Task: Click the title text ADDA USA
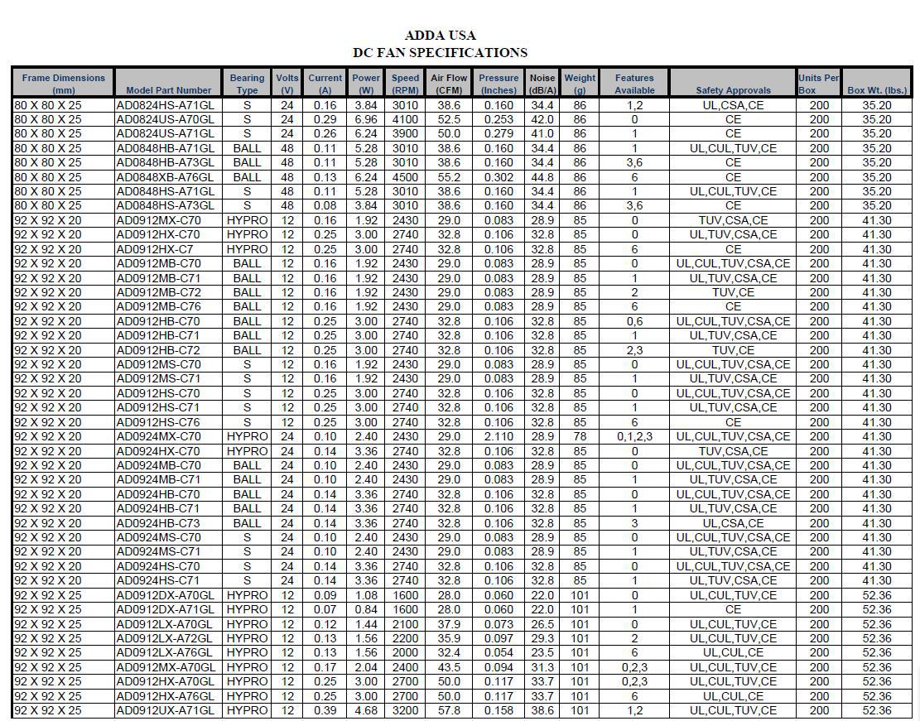(x=440, y=36)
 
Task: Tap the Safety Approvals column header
(x=733, y=90)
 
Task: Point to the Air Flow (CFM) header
(x=449, y=84)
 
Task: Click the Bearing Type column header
(x=247, y=84)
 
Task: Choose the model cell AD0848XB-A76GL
(x=165, y=177)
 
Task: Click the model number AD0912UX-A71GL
(x=165, y=710)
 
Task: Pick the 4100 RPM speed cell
(x=405, y=119)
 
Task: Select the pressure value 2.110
(x=499, y=436)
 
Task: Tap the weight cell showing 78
(x=580, y=436)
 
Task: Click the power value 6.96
(x=366, y=119)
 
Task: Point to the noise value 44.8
(x=542, y=177)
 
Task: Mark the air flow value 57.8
(x=449, y=710)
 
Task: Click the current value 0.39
(x=325, y=710)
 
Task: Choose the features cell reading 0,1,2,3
(x=634, y=436)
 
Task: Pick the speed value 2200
(x=405, y=638)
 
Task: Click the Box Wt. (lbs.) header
(x=877, y=90)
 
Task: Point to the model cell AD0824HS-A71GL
(x=165, y=105)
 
